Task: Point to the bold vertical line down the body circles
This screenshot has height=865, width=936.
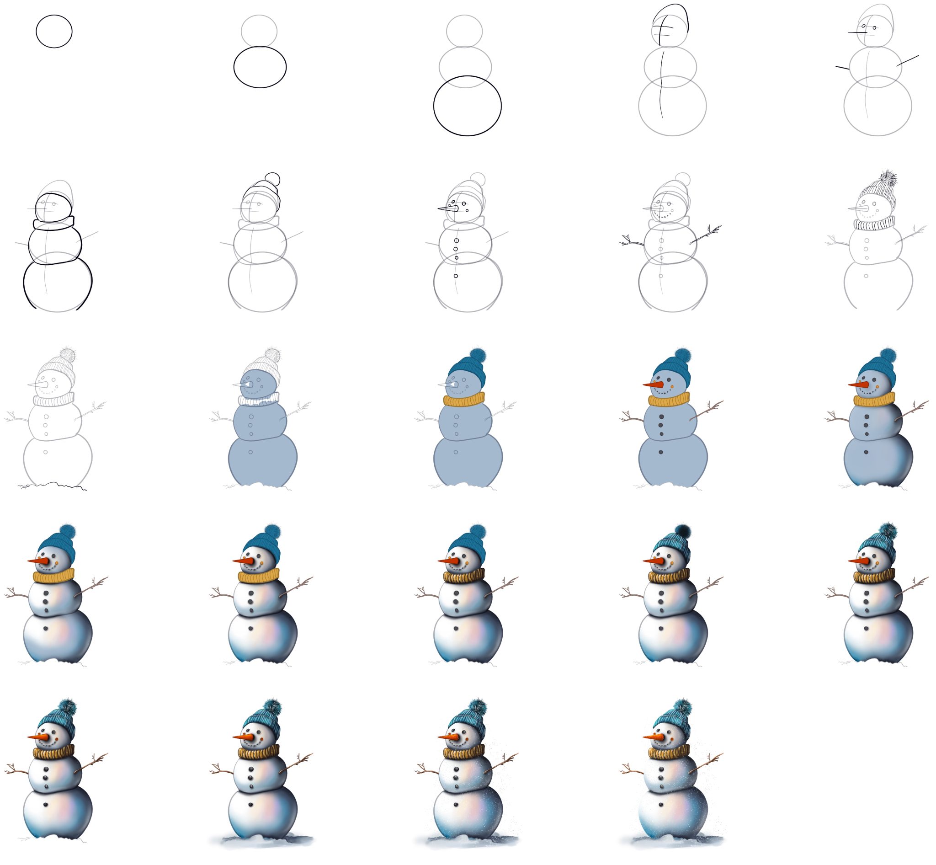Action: tap(662, 84)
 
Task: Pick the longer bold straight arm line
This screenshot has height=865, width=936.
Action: tap(908, 60)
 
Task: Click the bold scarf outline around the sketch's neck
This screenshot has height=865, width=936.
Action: tap(54, 223)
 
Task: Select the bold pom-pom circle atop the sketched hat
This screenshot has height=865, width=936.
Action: tap(272, 179)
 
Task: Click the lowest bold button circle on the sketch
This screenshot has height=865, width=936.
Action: tap(456, 276)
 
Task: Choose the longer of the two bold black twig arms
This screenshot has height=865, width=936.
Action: tap(706, 235)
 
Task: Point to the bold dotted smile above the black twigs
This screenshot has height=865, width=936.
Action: tap(664, 217)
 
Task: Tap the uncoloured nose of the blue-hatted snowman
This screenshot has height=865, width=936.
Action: tap(448, 385)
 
